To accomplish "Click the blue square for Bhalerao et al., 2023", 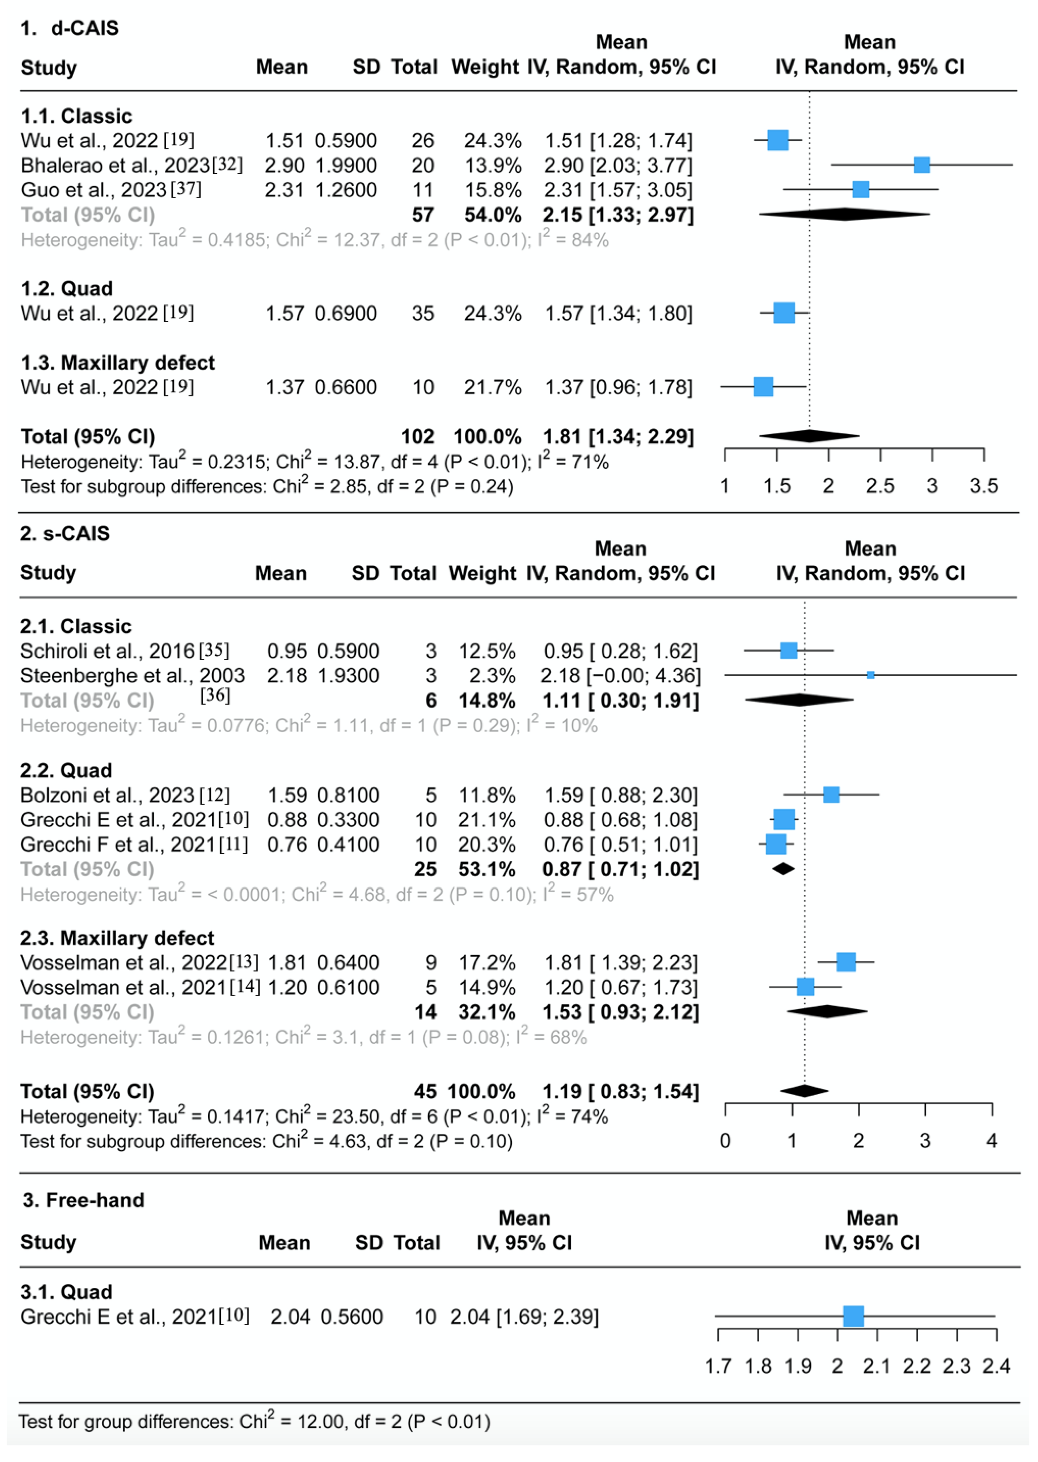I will pyautogui.click(x=921, y=165).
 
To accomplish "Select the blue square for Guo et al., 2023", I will pyautogui.click(x=860, y=189).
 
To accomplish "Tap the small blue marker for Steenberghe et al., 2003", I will pyautogui.click(x=871, y=675).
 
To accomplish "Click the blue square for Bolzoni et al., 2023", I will pyautogui.click(x=831, y=795).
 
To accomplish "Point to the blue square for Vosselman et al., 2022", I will pyautogui.click(x=846, y=962).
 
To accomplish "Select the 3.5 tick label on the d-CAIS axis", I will pyautogui.click(x=983, y=487).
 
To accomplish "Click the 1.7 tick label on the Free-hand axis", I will pyautogui.click(x=718, y=1366).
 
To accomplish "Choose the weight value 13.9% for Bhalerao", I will pyautogui.click(x=493, y=165).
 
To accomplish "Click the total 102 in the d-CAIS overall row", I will pyautogui.click(x=417, y=436).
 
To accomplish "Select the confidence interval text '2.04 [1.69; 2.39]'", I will pyautogui.click(x=524, y=1317).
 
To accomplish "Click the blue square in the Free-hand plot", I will pyautogui.click(x=853, y=1316).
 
